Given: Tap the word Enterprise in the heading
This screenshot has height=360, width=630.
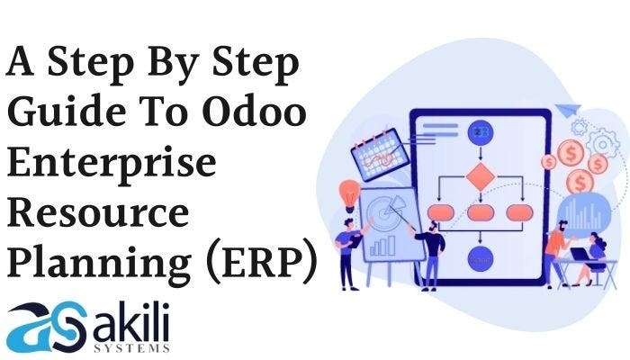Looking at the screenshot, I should pyautogui.click(x=112, y=165).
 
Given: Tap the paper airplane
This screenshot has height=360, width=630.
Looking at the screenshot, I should pyautogui.click(x=567, y=112).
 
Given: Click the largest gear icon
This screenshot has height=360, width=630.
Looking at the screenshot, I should pyautogui.click(x=601, y=143).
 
